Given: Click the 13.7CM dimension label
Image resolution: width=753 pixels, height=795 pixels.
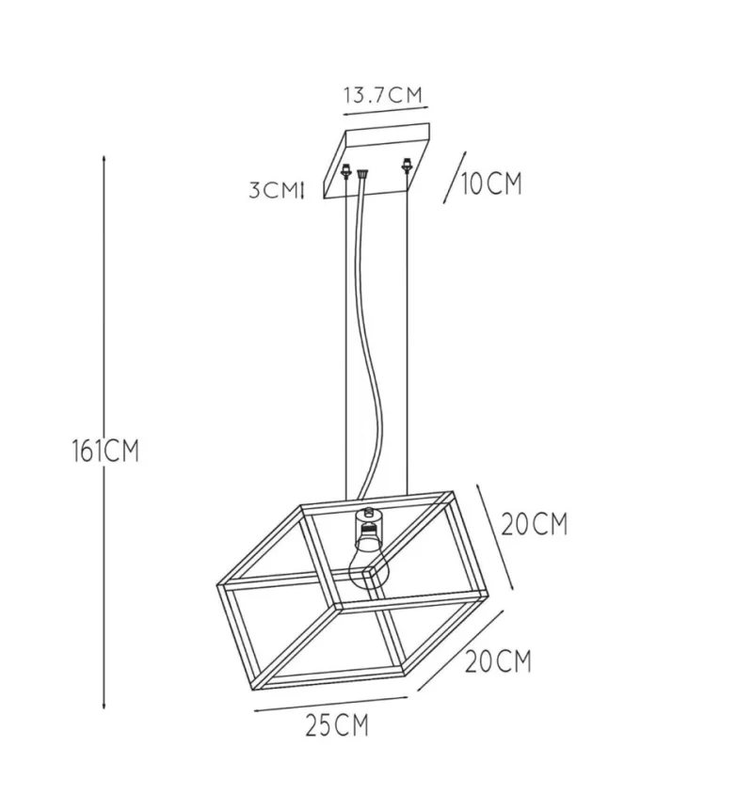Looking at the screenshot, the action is [x=383, y=95].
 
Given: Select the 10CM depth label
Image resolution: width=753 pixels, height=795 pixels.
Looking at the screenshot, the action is [x=491, y=183].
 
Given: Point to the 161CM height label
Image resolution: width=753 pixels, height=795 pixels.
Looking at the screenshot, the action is [x=105, y=451].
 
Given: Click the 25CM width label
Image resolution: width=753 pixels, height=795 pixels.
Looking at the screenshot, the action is [x=337, y=724].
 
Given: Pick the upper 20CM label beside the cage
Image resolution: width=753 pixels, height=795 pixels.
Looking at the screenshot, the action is [x=535, y=524].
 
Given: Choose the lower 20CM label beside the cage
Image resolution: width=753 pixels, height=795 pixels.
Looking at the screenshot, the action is [x=498, y=661].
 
